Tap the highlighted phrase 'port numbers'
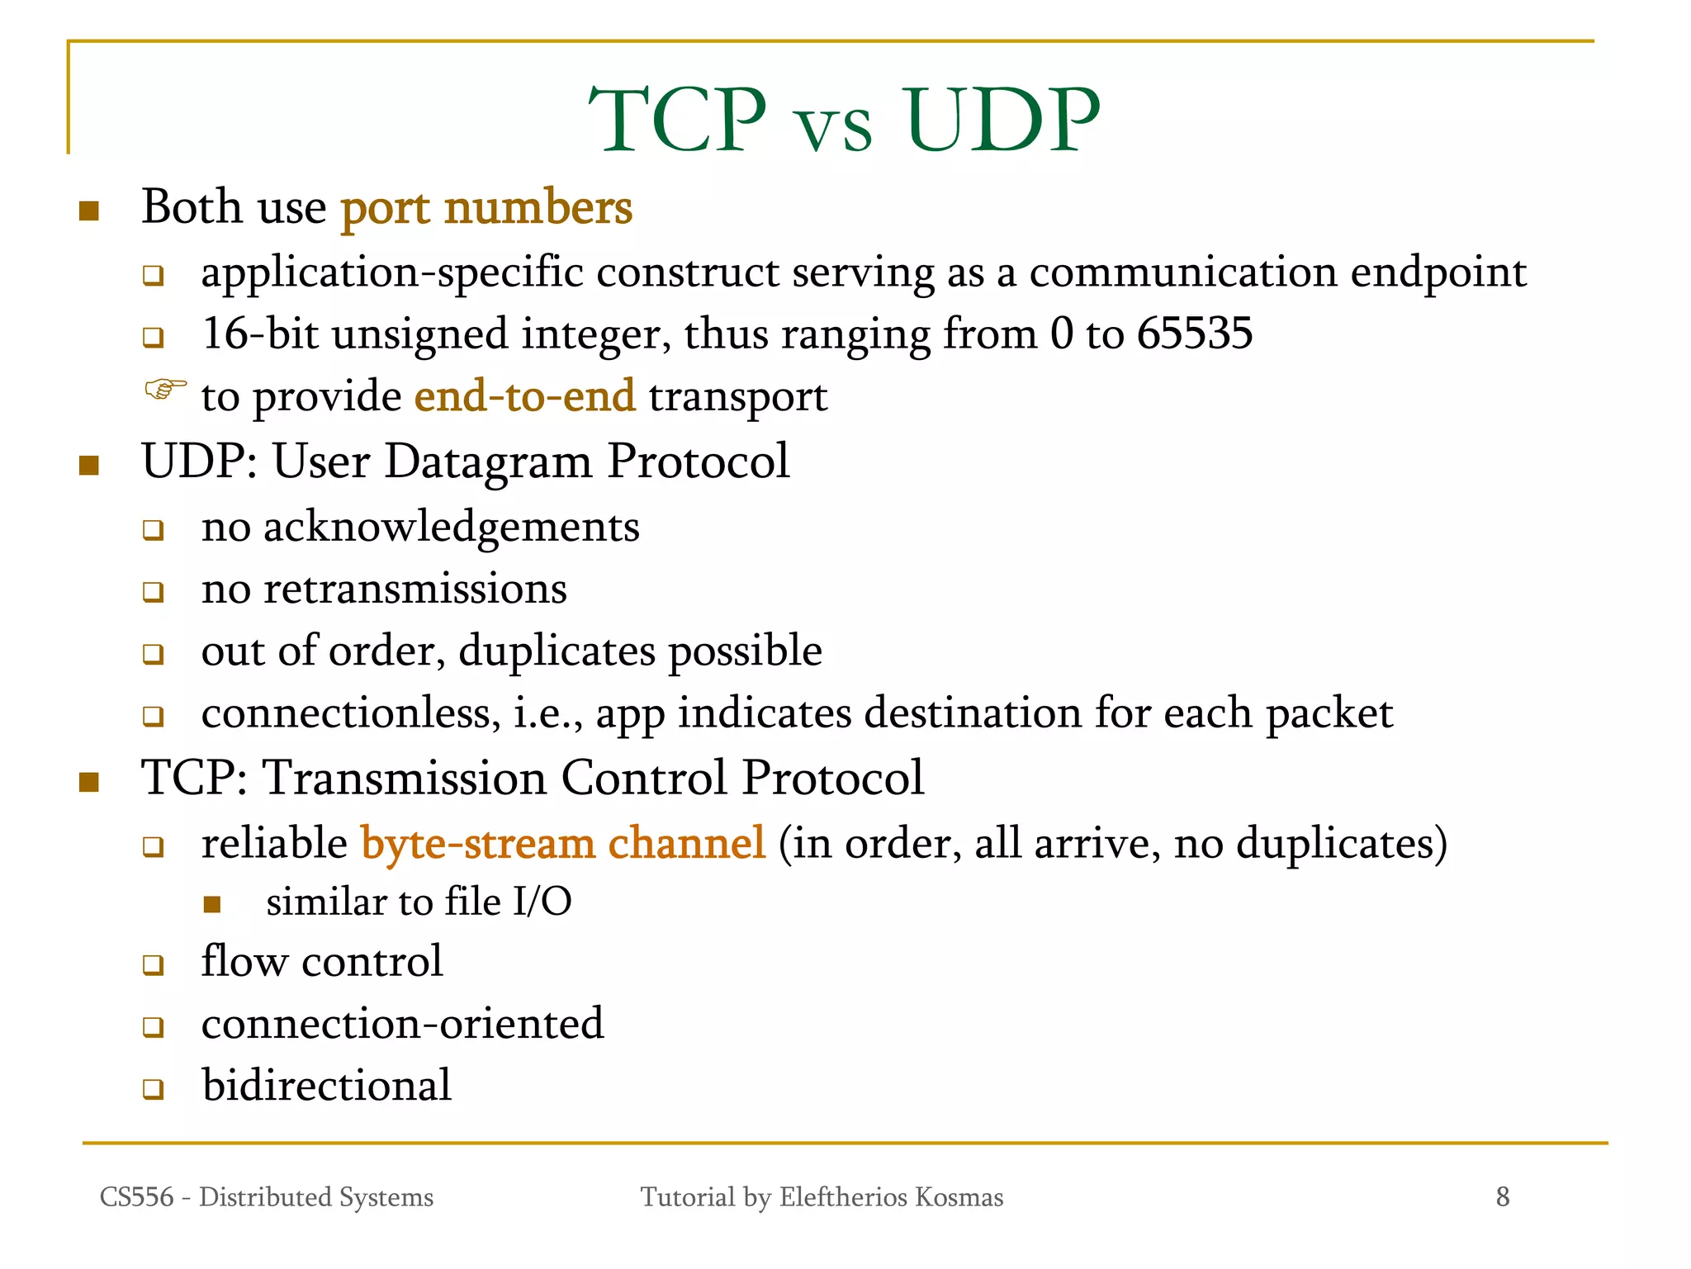486,208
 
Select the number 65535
1195,334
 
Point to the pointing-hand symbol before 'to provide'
165,388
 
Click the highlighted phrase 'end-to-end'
524,396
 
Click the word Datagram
488,462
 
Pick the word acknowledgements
451,527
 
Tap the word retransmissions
414,589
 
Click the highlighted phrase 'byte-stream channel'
563,844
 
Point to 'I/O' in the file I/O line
542,902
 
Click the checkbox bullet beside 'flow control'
153,964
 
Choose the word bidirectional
326,1085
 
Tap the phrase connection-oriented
402,1024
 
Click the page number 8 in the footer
1502,1196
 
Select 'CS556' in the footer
136,1197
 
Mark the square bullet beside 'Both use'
89,211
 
